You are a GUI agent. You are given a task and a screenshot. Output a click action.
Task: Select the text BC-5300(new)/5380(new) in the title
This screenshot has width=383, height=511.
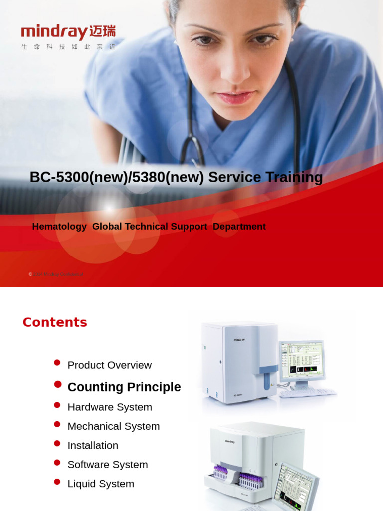click(117, 177)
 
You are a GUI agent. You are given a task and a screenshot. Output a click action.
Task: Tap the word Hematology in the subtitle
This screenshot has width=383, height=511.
click(59, 227)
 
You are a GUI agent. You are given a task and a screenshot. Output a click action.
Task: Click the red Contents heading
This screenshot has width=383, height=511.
click(55, 322)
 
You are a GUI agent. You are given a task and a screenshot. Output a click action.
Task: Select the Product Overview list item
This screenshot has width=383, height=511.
click(109, 365)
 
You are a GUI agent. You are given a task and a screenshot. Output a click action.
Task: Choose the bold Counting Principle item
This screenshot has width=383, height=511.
click(124, 387)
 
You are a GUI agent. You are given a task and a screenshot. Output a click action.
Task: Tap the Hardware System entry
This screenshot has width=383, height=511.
click(110, 407)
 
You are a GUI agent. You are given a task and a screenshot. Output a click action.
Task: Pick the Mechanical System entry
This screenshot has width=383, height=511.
click(114, 426)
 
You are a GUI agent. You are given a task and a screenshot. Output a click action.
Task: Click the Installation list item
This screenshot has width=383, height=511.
click(93, 445)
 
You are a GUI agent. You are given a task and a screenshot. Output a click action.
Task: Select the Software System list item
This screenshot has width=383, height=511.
click(108, 465)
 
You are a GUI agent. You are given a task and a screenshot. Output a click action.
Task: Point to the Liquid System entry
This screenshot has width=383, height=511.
click(101, 484)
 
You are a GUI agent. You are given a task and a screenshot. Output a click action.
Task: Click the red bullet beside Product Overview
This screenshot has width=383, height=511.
click(57, 363)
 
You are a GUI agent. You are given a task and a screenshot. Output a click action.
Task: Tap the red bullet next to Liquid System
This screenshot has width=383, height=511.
click(57, 482)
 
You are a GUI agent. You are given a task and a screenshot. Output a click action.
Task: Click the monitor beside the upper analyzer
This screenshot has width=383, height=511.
click(302, 359)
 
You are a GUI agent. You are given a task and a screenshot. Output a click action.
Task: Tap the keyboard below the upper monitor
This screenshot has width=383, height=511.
click(308, 393)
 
